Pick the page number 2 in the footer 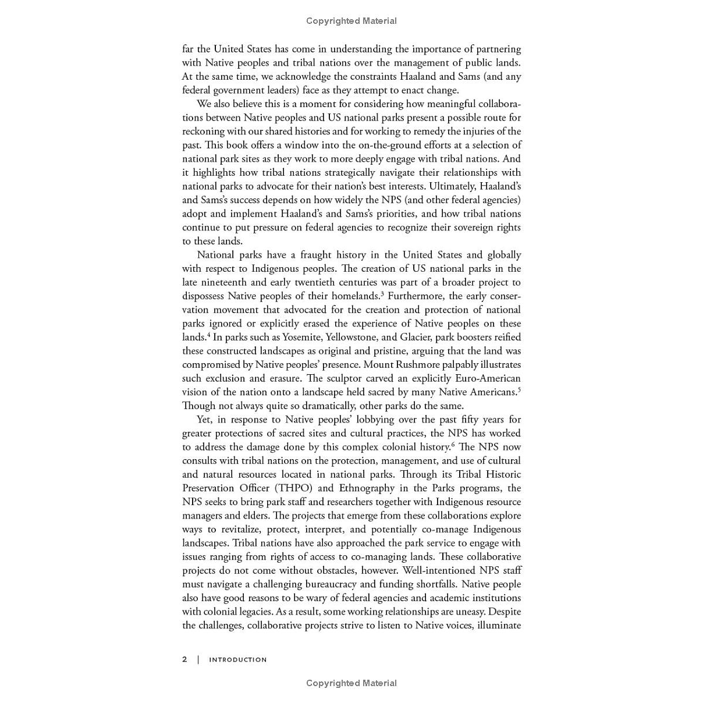pos(184,659)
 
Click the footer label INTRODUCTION pos(238,660)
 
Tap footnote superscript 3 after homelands pos(382,293)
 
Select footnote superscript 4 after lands pos(208,335)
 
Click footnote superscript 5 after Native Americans pos(519,389)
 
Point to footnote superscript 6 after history pos(453,445)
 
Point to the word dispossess pos(203,296)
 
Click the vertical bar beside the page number pos(198,659)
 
